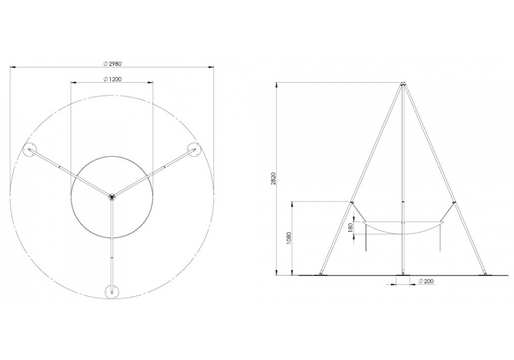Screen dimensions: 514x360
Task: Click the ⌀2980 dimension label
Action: click(112, 64)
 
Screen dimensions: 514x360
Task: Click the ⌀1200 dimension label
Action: click(112, 79)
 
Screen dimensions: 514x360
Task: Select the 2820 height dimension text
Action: click(274, 178)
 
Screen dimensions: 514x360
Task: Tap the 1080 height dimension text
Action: click(288, 239)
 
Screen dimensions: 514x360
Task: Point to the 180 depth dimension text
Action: click(351, 227)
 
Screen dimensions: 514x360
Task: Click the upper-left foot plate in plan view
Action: click(29, 150)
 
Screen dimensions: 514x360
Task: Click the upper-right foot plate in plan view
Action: click(194, 149)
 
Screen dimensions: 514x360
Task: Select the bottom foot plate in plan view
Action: click(112, 292)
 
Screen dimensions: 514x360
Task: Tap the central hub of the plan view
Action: click(112, 196)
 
